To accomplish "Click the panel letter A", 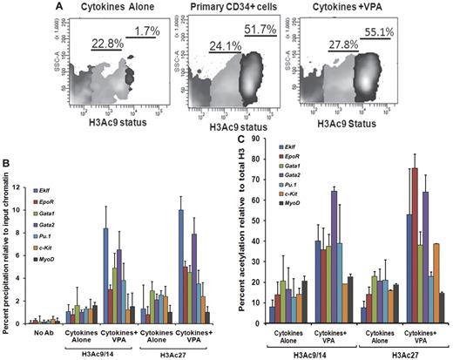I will (x=10, y=7).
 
